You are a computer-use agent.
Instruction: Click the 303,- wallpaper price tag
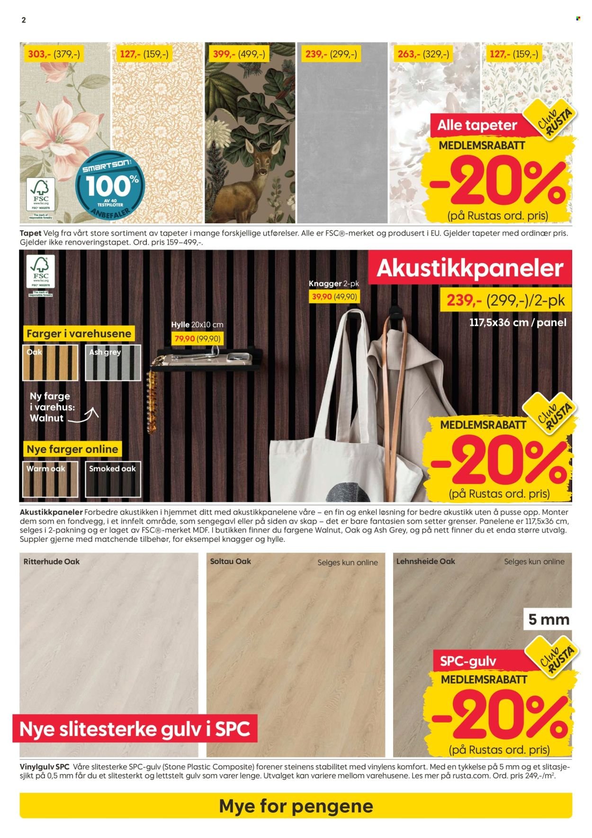(54, 54)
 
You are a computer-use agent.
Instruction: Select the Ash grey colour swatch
(113, 362)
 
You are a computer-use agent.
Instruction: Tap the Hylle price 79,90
(197, 339)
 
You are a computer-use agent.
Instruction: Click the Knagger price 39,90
(333, 297)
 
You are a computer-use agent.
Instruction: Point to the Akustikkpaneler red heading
(470, 268)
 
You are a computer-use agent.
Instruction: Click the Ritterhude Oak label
(52, 562)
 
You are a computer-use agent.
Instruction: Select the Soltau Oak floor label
(231, 561)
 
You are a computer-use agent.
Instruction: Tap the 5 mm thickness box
(548, 619)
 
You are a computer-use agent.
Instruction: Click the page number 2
(24, 20)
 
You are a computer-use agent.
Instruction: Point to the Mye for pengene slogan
(296, 806)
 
